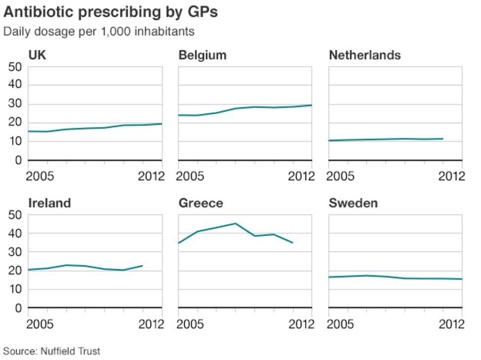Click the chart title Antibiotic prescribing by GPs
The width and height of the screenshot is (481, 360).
[110, 12]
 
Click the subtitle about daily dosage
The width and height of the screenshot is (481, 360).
[99, 32]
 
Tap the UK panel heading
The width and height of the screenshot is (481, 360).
[37, 55]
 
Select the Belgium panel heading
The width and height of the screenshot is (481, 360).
[203, 55]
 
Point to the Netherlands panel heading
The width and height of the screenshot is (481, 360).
[365, 55]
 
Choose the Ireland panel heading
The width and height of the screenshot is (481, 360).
[50, 203]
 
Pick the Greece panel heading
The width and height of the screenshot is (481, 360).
[201, 203]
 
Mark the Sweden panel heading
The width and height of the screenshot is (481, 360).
[353, 203]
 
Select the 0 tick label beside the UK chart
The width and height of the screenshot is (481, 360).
[18, 160]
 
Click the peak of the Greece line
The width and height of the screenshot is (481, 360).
[236, 223]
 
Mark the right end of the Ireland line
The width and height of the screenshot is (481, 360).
[142, 266]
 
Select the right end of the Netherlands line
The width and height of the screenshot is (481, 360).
[443, 139]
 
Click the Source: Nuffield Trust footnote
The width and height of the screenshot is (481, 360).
[52, 351]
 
